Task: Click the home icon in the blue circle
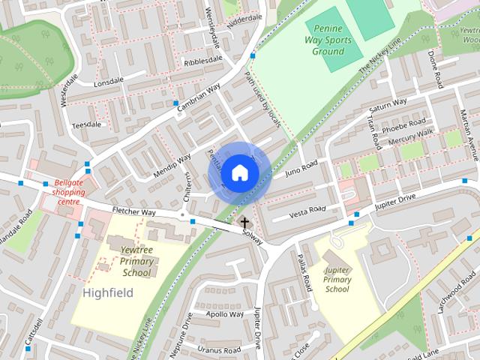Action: coord(239,172)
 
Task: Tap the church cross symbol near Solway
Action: coord(244,223)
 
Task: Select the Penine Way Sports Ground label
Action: coord(330,41)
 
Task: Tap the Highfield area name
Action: coord(108,292)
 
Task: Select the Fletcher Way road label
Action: coord(133,213)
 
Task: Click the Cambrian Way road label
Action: coord(199,98)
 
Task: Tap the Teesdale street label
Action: coord(85,124)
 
